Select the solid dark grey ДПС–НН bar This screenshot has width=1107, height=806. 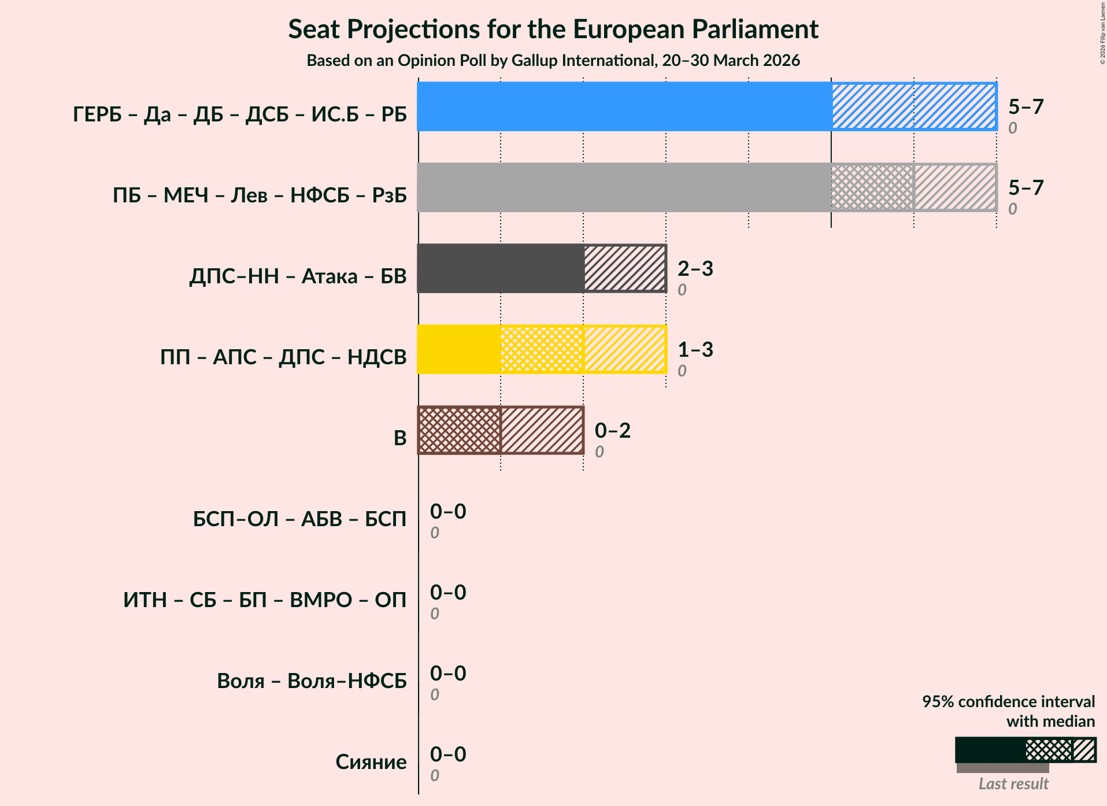point(501,268)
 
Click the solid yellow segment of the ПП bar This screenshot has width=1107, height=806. point(459,349)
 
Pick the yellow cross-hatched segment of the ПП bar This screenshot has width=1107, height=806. point(542,349)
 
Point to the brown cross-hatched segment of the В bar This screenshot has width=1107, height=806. point(459,430)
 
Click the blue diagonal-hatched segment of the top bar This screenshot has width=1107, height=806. point(914,106)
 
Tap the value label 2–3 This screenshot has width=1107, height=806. point(695,268)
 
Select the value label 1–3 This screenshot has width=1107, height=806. point(695,349)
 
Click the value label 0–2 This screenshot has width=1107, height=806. point(612,430)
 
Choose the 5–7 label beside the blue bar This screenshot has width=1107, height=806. point(1025,106)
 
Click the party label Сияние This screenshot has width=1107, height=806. point(371,762)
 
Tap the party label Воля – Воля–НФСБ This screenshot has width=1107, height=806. point(312,681)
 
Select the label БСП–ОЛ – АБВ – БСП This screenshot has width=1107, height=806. point(299,519)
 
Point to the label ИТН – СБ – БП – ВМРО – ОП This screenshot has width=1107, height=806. point(265,600)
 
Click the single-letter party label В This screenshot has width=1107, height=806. point(400,438)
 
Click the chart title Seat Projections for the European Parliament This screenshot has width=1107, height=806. point(553,29)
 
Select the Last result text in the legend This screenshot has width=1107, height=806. point(1013,784)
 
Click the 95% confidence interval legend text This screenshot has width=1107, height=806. point(1008,702)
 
